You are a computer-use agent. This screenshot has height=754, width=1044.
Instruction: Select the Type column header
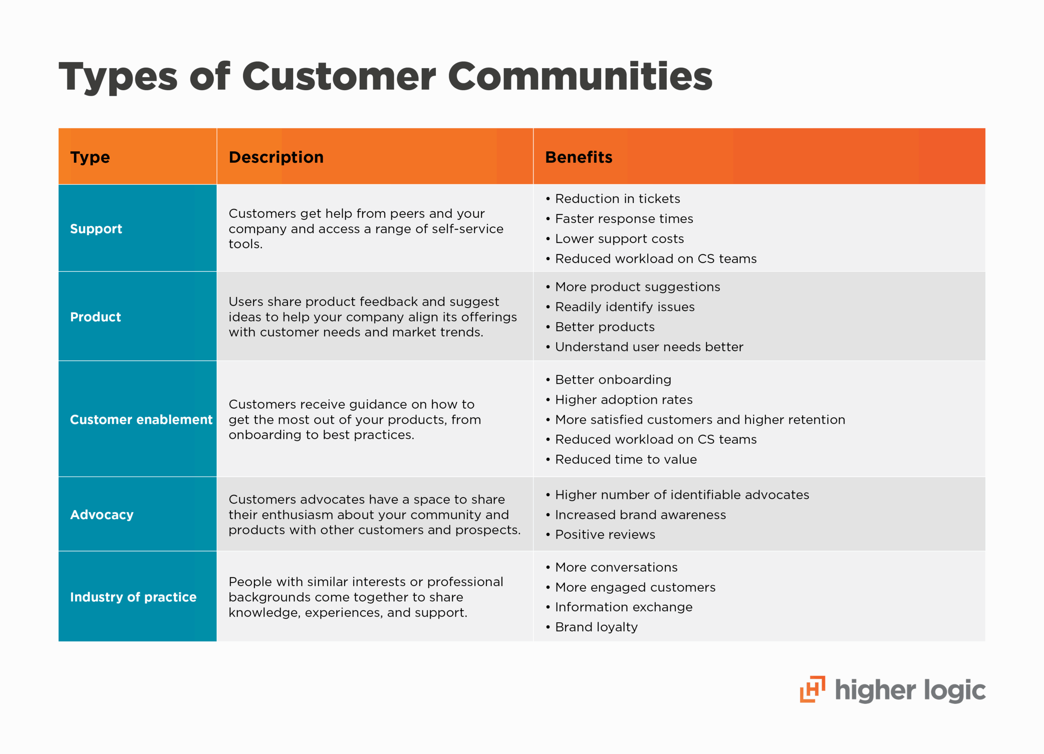pos(90,157)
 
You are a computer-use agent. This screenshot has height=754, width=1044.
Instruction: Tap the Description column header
pos(276,157)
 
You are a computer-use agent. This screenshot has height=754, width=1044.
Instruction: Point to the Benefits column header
pos(579,157)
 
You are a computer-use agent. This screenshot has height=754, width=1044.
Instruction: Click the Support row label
pos(96,229)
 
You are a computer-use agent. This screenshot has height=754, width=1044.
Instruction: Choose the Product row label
pos(95,317)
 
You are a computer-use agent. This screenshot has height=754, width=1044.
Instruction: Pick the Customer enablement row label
pos(141,420)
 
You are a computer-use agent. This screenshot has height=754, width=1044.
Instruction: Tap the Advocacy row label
pos(102,515)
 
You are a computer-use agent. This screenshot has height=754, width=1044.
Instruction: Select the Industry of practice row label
pos(133,597)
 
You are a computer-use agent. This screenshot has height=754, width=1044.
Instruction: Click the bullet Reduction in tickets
pos(617,199)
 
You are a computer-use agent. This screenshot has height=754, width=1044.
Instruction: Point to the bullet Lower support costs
pos(619,239)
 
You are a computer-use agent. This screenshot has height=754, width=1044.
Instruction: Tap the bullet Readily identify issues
pos(625,307)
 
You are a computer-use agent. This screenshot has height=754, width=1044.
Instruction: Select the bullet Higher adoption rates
pos(624,400)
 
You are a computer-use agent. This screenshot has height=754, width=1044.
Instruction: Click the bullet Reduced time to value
pos(626,460)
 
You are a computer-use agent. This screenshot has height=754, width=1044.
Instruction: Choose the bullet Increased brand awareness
pos(640,515)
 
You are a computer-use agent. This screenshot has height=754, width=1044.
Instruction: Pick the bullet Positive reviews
pos(605,535)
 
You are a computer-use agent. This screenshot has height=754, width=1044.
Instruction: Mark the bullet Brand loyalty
pos(596,628)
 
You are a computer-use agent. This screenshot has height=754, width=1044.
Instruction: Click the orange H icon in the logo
pos(812,689)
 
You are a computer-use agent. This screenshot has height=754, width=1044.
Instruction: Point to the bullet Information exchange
pos(623,608)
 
